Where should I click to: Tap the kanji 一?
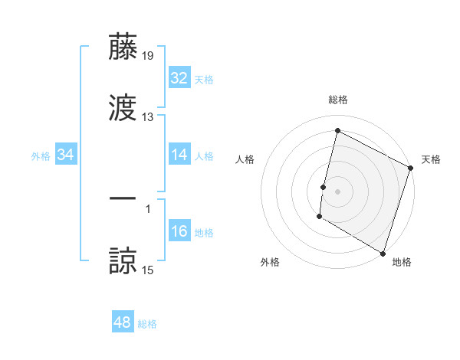point(123,198)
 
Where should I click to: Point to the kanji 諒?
point(123,260)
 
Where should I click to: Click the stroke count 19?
point(148,55)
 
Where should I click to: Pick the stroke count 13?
point(148,117)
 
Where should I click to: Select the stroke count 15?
point(148,270)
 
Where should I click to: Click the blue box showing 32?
point(179,78)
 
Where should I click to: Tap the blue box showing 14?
point(179,155)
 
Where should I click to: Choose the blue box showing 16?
point(179,231)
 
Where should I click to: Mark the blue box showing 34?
point(66,155)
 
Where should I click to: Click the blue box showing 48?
point(123,322)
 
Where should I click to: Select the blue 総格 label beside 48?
point(147,324)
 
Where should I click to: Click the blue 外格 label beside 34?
point(41,155)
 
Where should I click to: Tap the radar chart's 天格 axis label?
point(431,159)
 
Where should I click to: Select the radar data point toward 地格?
point(383,253)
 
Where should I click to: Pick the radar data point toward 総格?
point(337,131)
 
